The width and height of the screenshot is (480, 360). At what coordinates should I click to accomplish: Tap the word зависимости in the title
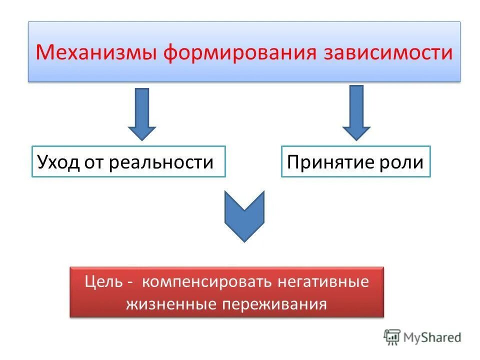pos(388,52)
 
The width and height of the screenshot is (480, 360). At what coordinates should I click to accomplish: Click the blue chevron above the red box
pos(244,215)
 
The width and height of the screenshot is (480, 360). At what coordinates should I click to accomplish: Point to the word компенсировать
pos(207,282)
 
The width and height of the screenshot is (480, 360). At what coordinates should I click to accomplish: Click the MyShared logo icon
pos(392,337)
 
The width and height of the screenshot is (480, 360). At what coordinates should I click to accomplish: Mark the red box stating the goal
pos(226,292)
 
